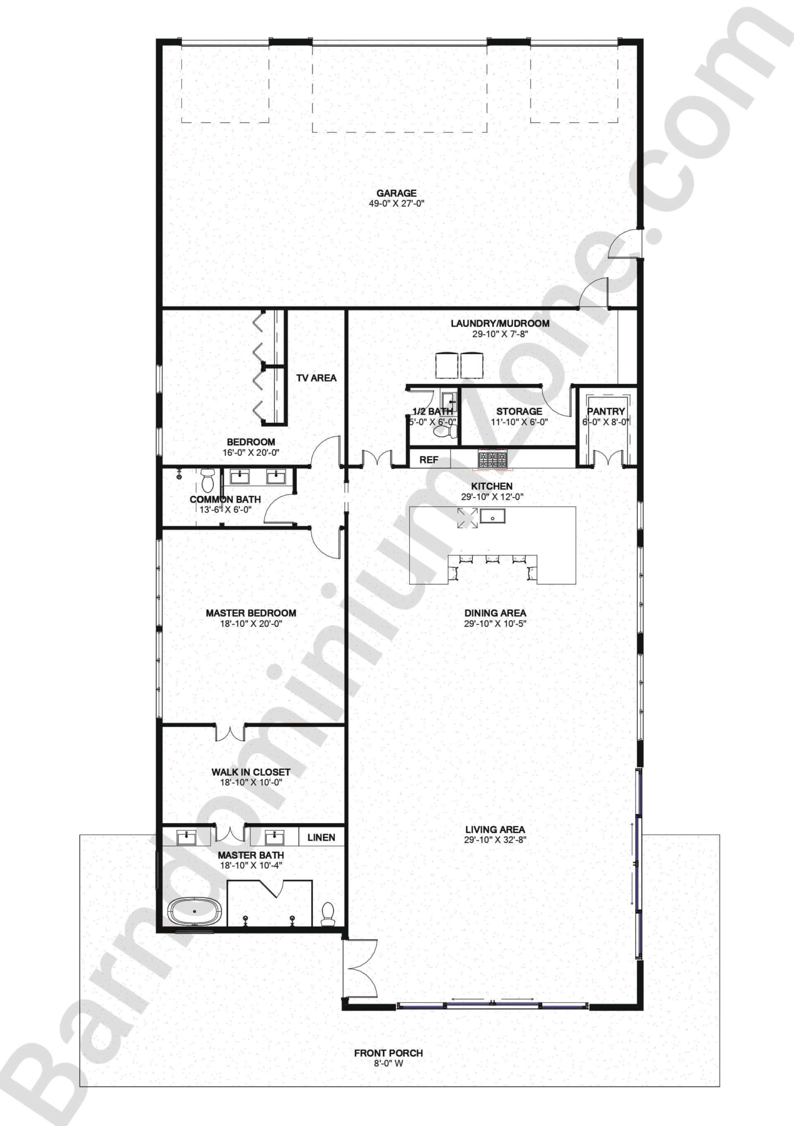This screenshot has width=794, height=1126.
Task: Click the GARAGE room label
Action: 396,193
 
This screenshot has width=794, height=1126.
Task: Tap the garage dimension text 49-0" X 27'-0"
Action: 396,203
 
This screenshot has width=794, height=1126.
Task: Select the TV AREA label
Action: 316,378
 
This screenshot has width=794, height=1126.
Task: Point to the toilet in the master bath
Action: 328,912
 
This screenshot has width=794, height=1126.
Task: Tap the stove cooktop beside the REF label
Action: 492,460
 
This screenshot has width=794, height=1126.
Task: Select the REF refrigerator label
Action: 428,460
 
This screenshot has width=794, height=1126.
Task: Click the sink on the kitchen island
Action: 492,516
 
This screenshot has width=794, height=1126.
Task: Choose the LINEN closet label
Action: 321,837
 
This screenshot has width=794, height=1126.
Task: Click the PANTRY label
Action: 606,411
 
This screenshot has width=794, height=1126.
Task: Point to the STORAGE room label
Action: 519,411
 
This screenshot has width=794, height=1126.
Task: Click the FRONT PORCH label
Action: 388,1053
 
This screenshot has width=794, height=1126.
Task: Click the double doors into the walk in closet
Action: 230,733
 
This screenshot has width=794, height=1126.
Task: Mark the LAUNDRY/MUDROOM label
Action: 500,323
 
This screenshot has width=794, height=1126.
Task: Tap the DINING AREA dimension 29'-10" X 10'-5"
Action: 495,623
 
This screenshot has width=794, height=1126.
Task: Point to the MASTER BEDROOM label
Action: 251,613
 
